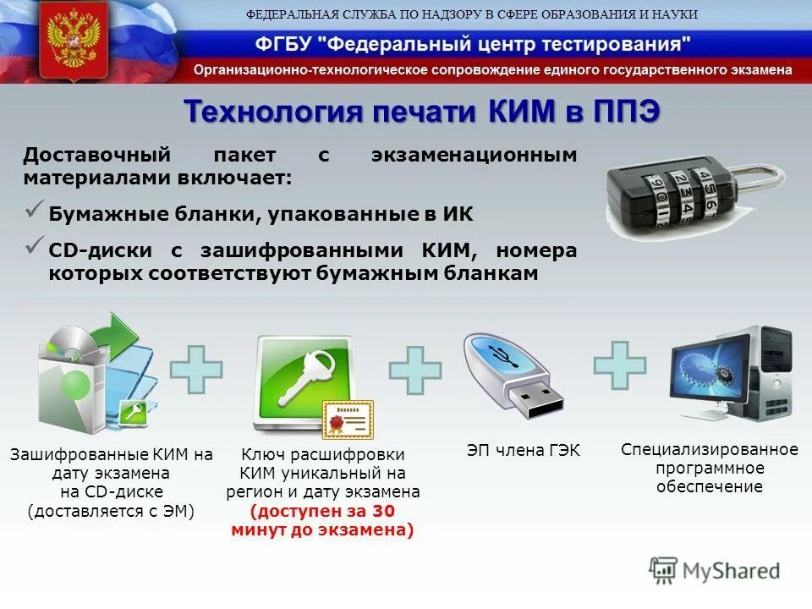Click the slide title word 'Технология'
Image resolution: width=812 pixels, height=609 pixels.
(272, 112)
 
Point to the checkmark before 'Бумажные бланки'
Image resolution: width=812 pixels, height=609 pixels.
(35, 211)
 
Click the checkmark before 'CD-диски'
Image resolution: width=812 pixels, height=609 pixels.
(35, 246)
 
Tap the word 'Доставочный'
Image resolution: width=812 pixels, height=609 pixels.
(97, 156)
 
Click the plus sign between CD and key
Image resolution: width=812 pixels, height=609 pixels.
(196, 370)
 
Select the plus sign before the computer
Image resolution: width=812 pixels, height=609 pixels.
(620, 365)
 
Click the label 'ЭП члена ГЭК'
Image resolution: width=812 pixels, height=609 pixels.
(524, 451)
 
